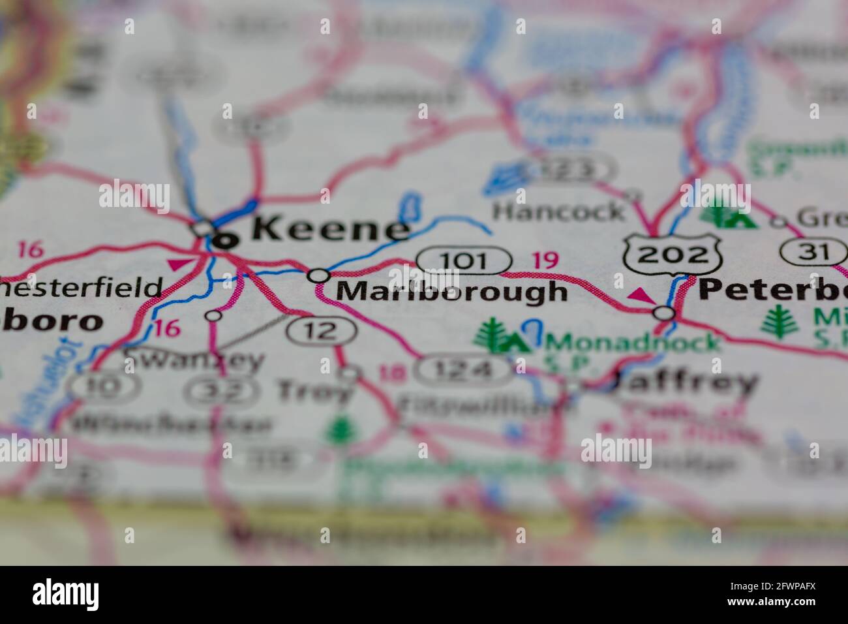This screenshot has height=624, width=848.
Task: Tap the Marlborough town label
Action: coord(451,291)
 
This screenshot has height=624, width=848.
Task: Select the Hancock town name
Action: coord(558,211)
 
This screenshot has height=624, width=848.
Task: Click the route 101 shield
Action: coord(463,260)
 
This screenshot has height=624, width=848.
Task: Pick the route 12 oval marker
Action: coord(322,331)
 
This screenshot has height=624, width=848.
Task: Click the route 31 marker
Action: coord(810,251)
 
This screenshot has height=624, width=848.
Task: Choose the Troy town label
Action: coord(314,392)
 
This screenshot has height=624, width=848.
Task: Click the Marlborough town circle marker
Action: coord(318,275)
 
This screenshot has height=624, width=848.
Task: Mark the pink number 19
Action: coord(545,260)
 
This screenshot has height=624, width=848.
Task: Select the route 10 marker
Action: coord(104,386)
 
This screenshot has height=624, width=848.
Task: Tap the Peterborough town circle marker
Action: coord(664,313)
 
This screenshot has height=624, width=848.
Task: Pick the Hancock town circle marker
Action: coord(631,195)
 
